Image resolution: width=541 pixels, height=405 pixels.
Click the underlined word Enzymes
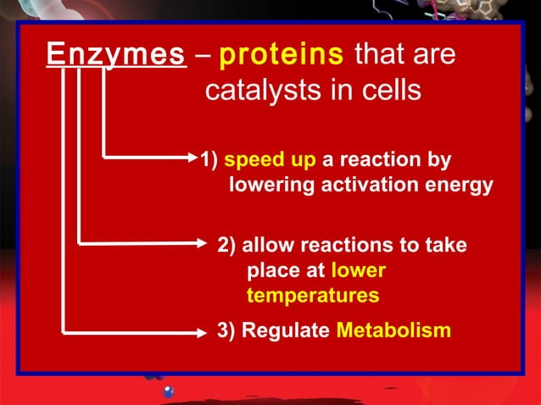[115, 56]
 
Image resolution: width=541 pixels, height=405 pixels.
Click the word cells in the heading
[390, 91]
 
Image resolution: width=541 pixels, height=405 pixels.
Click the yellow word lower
[358, 271]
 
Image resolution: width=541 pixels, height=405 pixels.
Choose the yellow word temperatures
[312, 297]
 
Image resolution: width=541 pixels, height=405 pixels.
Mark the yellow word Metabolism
[393, 330]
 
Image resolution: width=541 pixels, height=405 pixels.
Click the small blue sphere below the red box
[168, 391]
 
